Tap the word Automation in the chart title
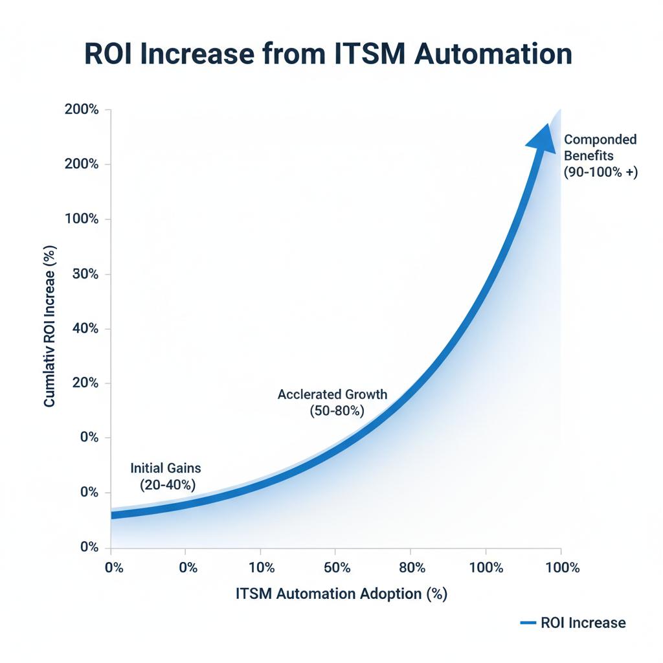click(494, 54)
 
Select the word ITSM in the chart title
click(363, 54)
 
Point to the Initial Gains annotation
click(166, 467)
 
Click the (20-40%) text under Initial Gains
click(167, 484)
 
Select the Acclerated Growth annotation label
click(332, 394)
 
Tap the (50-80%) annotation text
click(337, 410)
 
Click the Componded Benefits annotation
click(600, 147)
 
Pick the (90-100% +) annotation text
click(601, 172)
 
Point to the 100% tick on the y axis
click(82, 219)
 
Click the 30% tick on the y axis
click(85, 274)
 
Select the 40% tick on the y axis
click(85, 328)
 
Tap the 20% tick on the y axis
click(85, 383)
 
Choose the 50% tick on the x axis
click(337, 568)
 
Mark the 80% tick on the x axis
click(412, 568)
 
